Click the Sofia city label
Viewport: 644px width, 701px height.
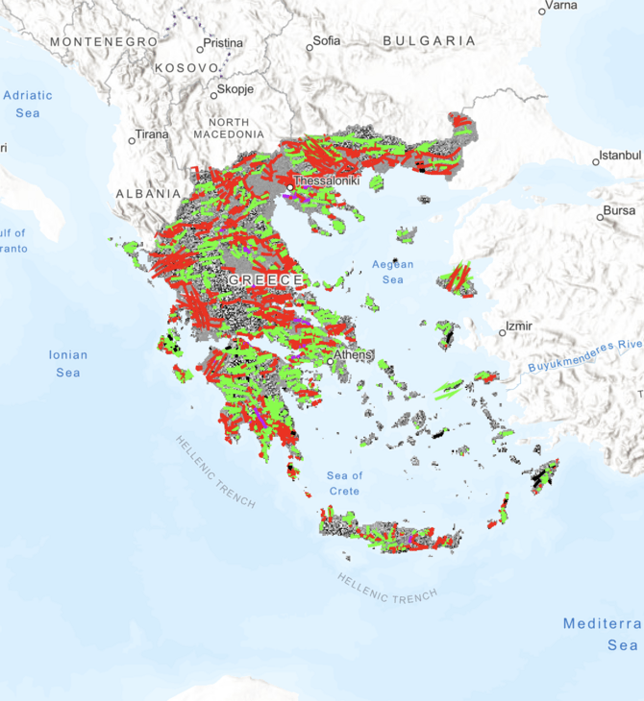[x=326, y=42]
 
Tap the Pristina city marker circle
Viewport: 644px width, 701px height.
[x=200, y=49]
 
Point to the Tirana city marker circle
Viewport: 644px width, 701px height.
[x=132, y=141]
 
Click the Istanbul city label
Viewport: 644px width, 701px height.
[x=619, y=155]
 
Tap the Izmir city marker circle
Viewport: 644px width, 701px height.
[x=502, y=334]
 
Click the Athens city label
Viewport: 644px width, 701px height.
[x=353, y=353]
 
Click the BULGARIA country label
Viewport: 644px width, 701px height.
[x=429, y=41]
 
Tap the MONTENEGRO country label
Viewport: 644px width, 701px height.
[x=104, y=42]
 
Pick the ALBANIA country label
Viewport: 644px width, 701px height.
[x=148, y=193]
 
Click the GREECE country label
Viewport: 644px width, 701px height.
[x=265, y=279]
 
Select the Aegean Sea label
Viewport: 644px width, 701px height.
[x=392, y=272]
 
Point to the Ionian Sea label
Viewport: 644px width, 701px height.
[x=68, y=363]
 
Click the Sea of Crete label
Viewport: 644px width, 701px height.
[x=344, y=483]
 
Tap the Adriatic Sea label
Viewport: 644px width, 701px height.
[x=29, y=104]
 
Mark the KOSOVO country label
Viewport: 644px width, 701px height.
[x=188, y=69]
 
